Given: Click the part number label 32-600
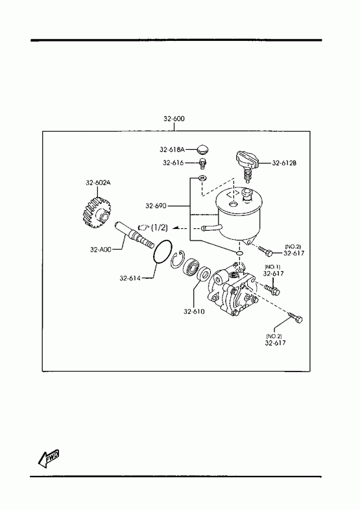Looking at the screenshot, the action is tap(174, 119).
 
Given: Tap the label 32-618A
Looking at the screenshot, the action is tap(172, 149).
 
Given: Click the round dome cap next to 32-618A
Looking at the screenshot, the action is tap(203, 150).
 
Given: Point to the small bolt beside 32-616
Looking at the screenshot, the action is tap(203, 163).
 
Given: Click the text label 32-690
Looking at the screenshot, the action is tap(156, 206).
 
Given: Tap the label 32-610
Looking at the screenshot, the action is tap(194, 312).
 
